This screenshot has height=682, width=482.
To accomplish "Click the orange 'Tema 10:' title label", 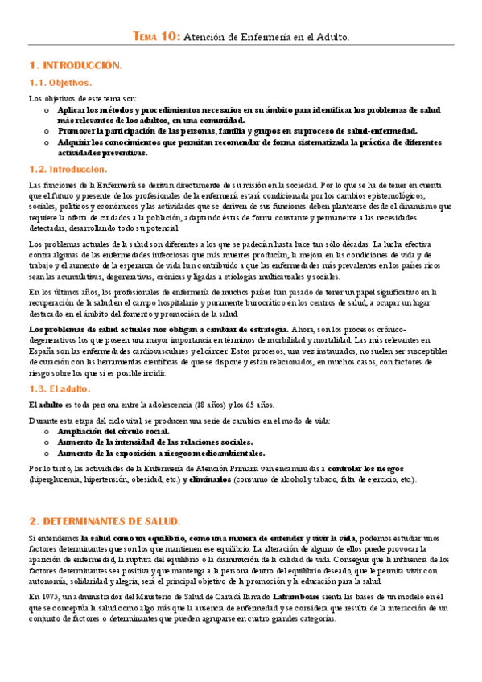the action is click(x=157, y=37).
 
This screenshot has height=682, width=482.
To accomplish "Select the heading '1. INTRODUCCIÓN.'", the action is click(x=75, y=64).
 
